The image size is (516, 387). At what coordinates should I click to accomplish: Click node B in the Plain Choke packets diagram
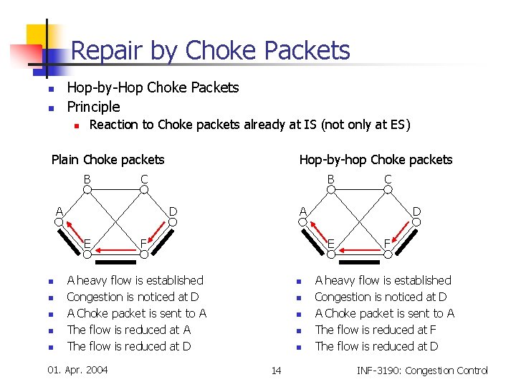tap(87, 189)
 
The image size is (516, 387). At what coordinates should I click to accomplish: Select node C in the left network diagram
tap(143, 189)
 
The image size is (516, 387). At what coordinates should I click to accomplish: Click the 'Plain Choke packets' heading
tap(107, 159)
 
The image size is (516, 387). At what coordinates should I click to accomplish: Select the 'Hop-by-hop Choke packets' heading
tap(376, 159)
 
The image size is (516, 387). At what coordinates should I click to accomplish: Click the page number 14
tap(276, 371)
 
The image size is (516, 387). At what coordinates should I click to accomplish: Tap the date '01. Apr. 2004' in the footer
tap(77, 370)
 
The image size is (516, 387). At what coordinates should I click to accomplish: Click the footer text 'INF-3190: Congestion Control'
tap(422, 371)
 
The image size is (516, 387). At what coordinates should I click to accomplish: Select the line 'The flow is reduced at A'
tap(128, 330)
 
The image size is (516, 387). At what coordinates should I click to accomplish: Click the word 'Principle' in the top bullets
tap(93, 107)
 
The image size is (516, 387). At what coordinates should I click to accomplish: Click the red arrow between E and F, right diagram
tap(358, 250)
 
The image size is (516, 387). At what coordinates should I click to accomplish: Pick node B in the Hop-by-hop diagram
tap(330, 189)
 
